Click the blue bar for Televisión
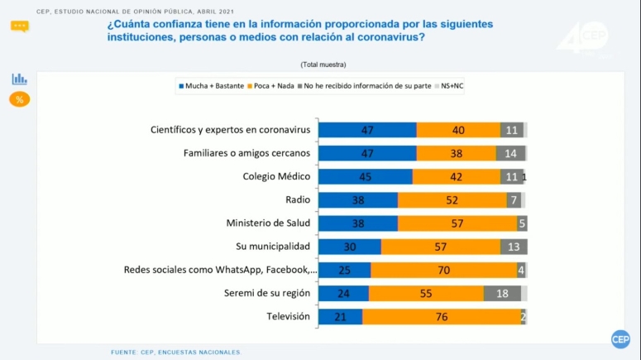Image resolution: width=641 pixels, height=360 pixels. [x=341, y=317]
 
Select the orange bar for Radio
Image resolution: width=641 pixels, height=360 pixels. [x=452, y=200]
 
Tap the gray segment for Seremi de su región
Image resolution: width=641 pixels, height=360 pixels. [x=502, y=293]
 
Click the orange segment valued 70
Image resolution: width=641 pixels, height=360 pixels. [x=443, y=270]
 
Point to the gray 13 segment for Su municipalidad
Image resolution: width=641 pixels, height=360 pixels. [x=514, y=247]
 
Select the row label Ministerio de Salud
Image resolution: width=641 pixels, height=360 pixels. [x=268, y=223]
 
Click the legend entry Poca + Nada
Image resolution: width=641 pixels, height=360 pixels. [x=273, y=86]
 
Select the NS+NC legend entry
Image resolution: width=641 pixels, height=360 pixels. [x=452, y=86]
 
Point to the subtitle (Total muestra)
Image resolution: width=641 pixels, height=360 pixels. [x=323, y=64]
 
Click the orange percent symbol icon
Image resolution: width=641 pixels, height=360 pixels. [x=19, y=99]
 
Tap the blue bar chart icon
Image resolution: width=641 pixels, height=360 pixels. [x=19, y=79]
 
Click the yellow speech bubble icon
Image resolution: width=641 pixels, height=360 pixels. [x=19, y=26]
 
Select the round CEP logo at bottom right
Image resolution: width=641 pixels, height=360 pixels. [x=620, y=339]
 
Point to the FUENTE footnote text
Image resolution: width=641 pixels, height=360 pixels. [x=176, y=352]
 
